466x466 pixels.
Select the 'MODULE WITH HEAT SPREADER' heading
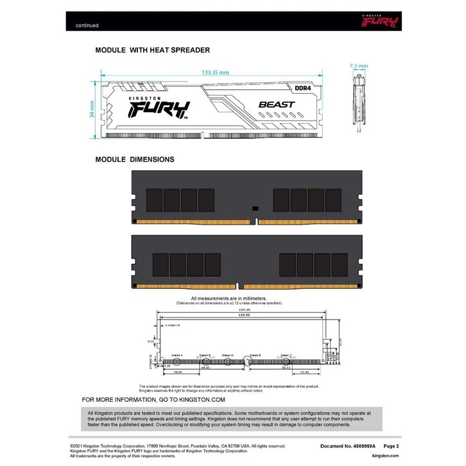pyautogui.click(x=152, y=49)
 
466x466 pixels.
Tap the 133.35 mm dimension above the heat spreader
pyautogui.click(x=215, y=73)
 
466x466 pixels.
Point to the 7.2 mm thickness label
pyautogui.click(x=359, y=65)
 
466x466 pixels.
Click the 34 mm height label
pyautogui.click(x=92, y=110)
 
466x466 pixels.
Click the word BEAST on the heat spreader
pyautogui.click(x=277, y=104)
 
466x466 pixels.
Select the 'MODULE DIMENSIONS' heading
pyautogui.click(x=134, y=159)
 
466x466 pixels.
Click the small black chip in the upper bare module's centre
pyautogui.click(x=254, y=207)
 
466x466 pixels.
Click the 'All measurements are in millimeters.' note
pyautogui.click(x=229, y=298)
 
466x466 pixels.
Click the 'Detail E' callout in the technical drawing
pyautogui.click(x=255, y=355)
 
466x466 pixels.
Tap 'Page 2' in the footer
pyautogui.click(x=392, y=445)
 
